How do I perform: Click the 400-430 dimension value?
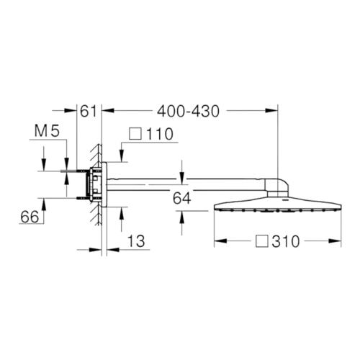point(188,112)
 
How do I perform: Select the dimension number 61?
point(88,112)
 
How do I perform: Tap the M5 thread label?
point(47,131)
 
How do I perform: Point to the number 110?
point(159,134)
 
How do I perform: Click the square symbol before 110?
point(135,133)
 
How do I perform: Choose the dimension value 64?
point(182,198)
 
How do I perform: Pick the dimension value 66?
point(30,217)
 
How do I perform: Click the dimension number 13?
point(136,241)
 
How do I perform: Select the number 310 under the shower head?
point(286,241)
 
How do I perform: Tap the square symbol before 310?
point(262,241)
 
